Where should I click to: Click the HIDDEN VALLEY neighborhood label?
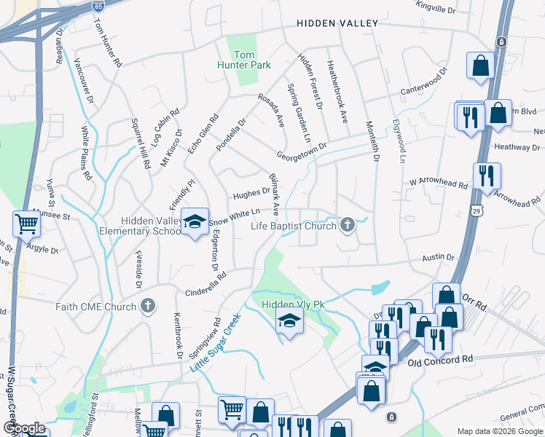(x=337, y=23)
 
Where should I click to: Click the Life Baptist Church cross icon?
(x=348, y=226)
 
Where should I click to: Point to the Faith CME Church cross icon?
(x=148, y=307)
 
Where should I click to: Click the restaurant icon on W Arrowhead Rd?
(x=485, y=176)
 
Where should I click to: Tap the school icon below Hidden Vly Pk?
(x=289, y=320)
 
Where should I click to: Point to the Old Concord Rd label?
(x=440, y=361)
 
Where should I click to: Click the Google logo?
(x=25, y=428)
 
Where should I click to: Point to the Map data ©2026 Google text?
(x=499, y=430)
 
